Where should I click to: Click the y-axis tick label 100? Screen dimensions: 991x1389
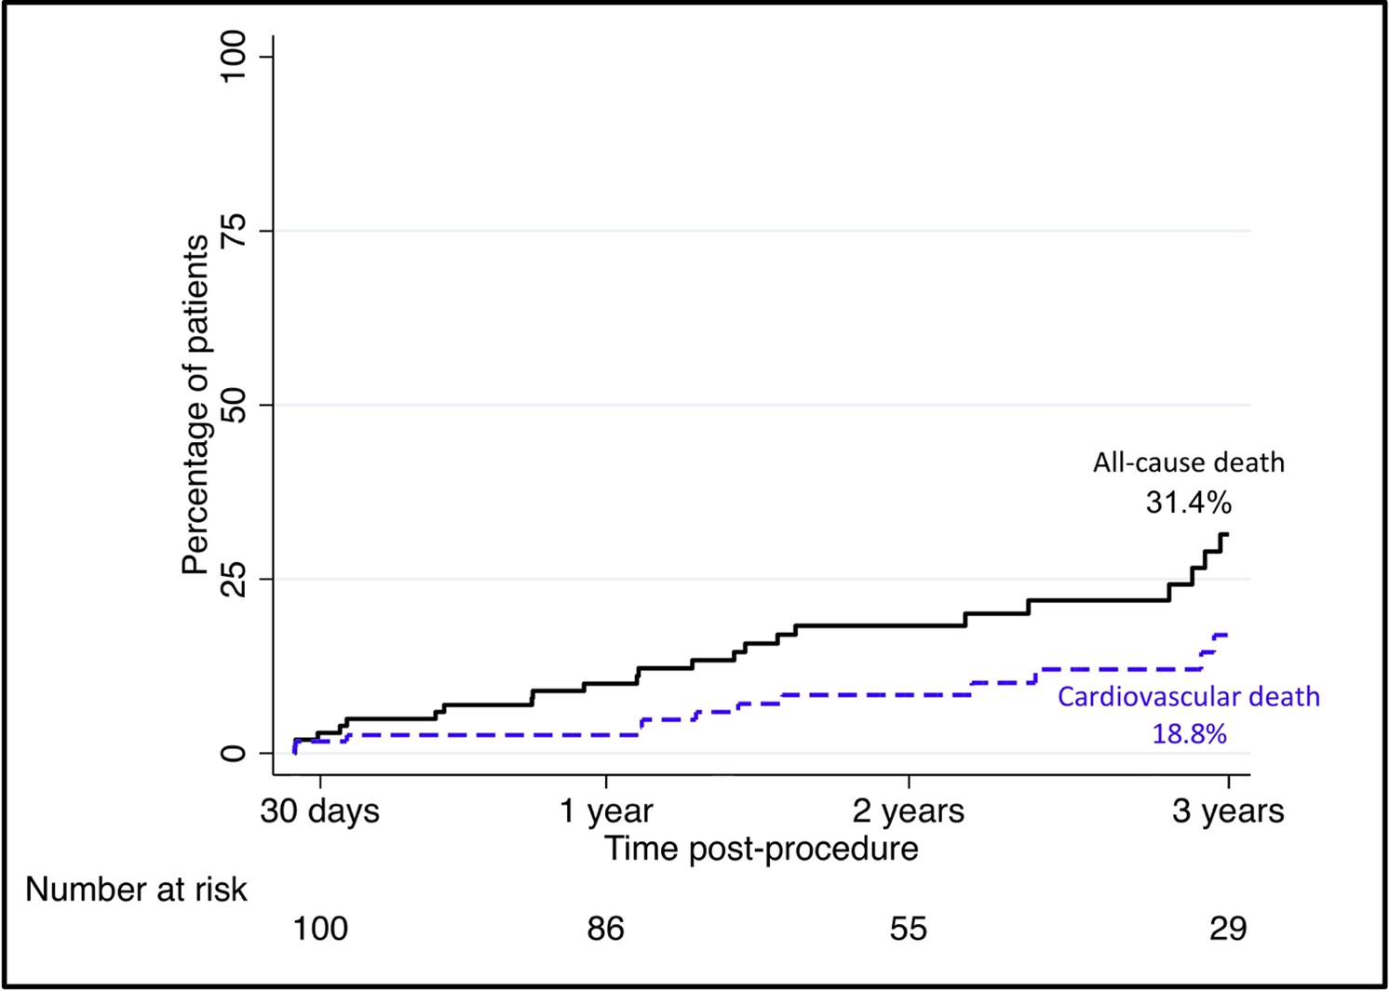233,56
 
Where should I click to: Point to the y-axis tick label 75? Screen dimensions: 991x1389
233,230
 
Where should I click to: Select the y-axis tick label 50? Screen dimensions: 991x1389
233,405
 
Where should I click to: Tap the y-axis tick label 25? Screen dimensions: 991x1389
233,579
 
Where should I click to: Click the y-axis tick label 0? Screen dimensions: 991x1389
233,753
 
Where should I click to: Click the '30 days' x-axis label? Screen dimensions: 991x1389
319,811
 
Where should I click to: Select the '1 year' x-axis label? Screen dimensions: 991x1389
606,811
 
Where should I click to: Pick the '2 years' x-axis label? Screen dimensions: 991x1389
908,811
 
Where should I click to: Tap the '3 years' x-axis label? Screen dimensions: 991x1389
1227,811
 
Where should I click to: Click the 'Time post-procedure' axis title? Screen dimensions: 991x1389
761,849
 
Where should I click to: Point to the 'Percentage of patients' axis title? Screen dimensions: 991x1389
195,405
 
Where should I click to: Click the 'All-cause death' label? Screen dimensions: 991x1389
1188,462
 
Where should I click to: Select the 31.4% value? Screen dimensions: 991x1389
1188,502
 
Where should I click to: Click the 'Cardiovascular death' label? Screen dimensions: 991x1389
1188,697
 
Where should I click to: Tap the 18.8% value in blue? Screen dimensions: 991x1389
1189,734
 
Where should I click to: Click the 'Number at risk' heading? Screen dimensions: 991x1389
136,890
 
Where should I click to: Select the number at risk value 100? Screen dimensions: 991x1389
320,929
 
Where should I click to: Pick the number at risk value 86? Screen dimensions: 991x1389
605,929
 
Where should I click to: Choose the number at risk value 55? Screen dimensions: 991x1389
908,929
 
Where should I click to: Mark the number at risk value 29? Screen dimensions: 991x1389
1227,929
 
